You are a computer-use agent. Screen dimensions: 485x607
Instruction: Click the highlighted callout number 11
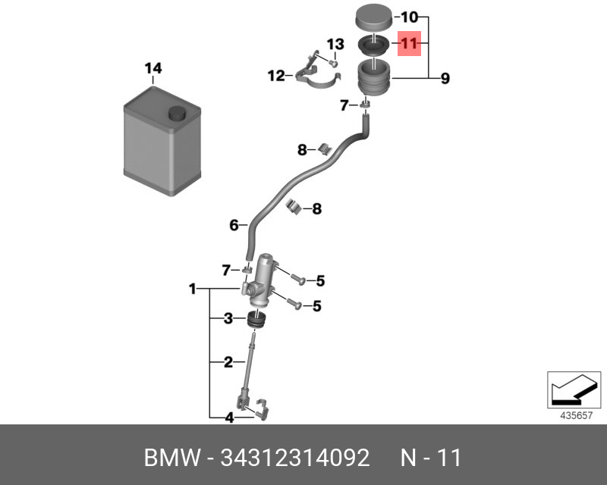coord(409,44)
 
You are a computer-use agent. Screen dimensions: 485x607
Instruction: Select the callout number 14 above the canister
coord(153,69)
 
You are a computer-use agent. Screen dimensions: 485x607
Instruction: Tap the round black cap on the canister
coord(178,114)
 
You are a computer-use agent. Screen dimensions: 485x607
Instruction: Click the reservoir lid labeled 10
coord(372,16)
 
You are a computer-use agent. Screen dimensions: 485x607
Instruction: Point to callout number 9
coord(445,77)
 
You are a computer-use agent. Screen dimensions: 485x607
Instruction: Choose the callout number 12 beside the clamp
coord(275,76)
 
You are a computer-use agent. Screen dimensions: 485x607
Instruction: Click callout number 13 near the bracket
coord(335,44)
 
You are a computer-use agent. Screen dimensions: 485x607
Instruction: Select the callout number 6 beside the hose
coord(234,224)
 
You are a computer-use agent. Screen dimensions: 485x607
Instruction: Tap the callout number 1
coord(193,289)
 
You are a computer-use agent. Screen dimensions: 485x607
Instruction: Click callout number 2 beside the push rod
coord(228,362)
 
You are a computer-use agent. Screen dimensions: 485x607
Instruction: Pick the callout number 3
coord(228,319)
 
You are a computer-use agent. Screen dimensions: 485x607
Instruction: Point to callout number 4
coord(228,417)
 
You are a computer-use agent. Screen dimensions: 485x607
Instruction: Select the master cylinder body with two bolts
coord(262,277)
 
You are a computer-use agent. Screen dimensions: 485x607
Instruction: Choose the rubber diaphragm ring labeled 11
coord(372,45)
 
